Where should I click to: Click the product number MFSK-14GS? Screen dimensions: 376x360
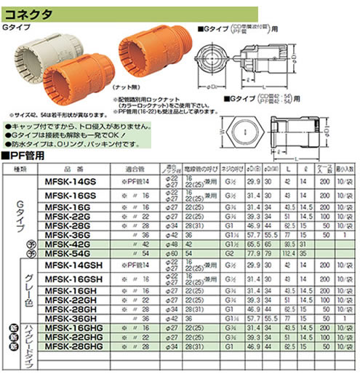click(75, 181)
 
